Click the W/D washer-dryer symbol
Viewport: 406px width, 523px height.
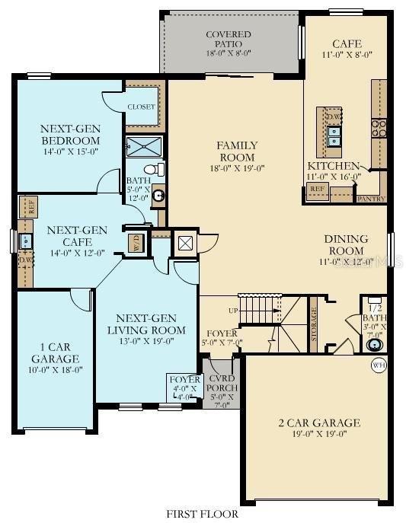[x=137, y=243]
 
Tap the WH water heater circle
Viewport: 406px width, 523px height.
[x=379, y=365]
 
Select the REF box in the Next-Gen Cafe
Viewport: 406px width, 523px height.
[x=31, y=206]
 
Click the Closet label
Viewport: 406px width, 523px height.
[x=141, y=107]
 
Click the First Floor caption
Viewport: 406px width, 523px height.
[x=203, y=514]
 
